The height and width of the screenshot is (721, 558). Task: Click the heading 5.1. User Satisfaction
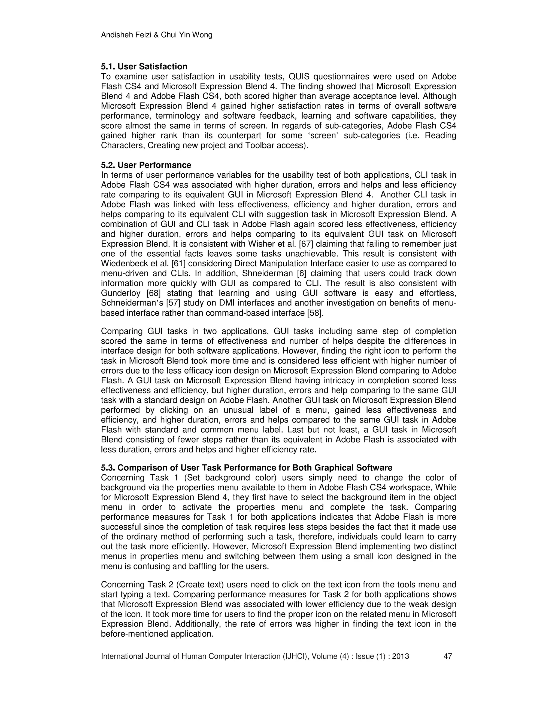pyautogui.click(x=144, y=67)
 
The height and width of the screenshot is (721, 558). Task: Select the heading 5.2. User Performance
pyautogui.click(x=146, y=165)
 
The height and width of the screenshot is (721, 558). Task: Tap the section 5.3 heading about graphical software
pyautogui.click(x=247, y=468)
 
